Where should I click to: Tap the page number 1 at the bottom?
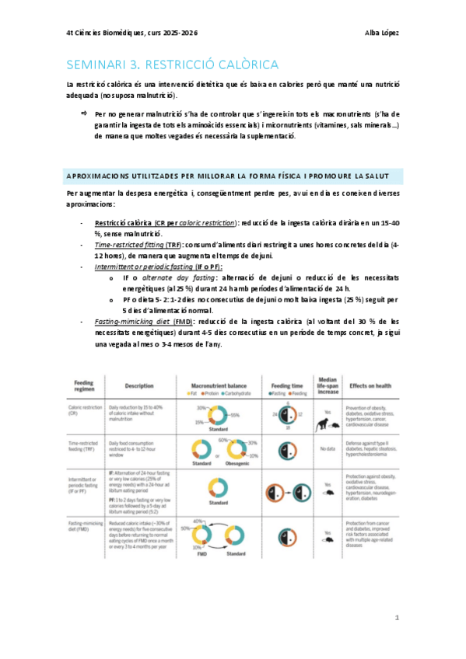(397, 618)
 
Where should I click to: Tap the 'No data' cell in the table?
(327, 449)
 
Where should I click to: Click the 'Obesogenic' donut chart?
(242, 448)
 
